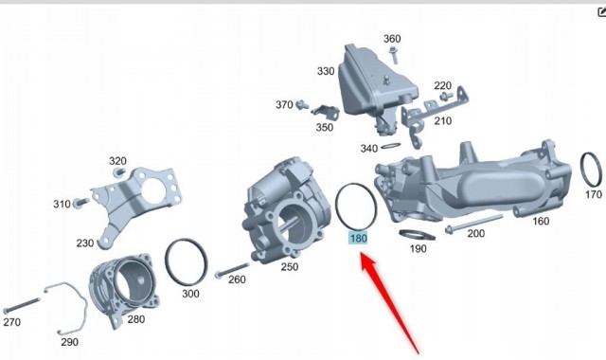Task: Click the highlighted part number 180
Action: (358, 238)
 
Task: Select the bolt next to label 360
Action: (394, 55)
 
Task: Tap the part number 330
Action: (326, 71)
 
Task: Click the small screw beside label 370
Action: (302, 104)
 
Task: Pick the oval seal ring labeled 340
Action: (390, 146)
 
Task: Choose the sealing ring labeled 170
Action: (591, 169)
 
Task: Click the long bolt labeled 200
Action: (473, 224)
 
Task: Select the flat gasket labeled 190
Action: (417, 235)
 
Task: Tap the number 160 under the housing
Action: (541, 221)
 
